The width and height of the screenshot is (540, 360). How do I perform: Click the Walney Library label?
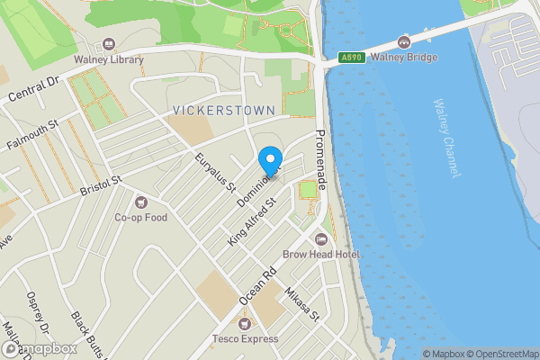pos(110,60)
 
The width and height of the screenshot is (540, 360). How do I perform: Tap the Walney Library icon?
pos(110,44)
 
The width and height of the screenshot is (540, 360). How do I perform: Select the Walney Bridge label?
pos(404,58)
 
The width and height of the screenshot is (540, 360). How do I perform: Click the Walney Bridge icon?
pos(404,41)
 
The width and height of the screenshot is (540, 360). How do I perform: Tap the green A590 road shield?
pos(352,58)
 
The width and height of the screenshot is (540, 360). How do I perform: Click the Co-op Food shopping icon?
pos(139,201)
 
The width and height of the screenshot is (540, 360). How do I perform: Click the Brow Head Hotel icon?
pos(321,238)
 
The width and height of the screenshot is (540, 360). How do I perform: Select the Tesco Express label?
pos(245,339)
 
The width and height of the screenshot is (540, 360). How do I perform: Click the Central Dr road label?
pos(32,94)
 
